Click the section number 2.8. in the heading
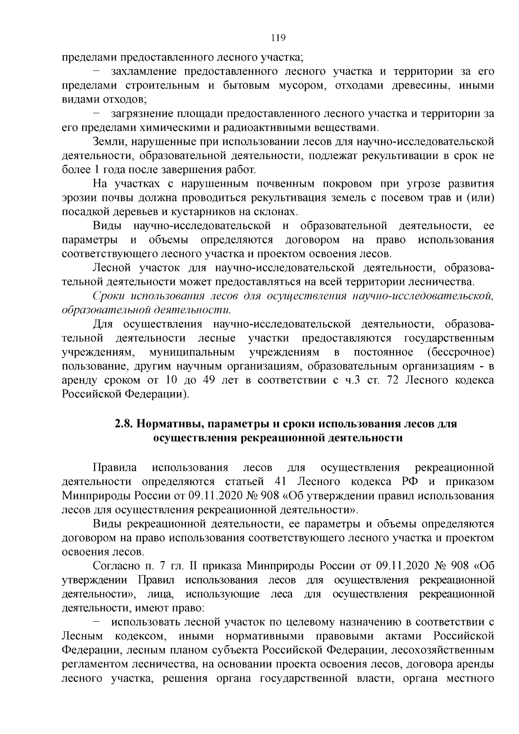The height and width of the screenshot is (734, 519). click(x=124, y=424)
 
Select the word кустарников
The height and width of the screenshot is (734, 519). click(x=234, y=212)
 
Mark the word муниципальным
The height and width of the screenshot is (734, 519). click(x=192, y=352)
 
